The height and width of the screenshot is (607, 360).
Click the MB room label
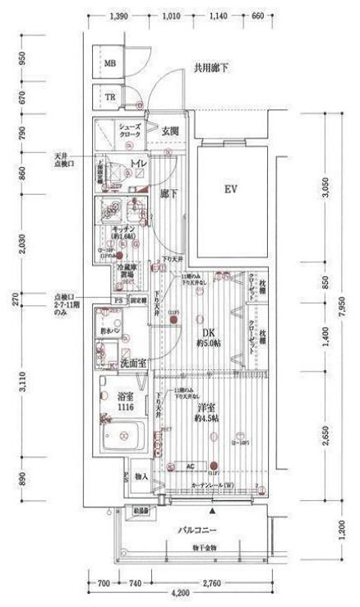tap(110, 63)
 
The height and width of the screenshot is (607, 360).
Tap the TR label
tap(110, 97)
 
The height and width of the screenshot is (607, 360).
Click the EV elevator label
tap(231, 190)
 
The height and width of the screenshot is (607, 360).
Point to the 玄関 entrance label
tap(170, 130)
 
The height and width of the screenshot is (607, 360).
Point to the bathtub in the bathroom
tap(122, 434)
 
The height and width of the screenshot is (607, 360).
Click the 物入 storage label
tap(140, 475)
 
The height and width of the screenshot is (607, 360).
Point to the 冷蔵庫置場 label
tap(126, 272)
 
